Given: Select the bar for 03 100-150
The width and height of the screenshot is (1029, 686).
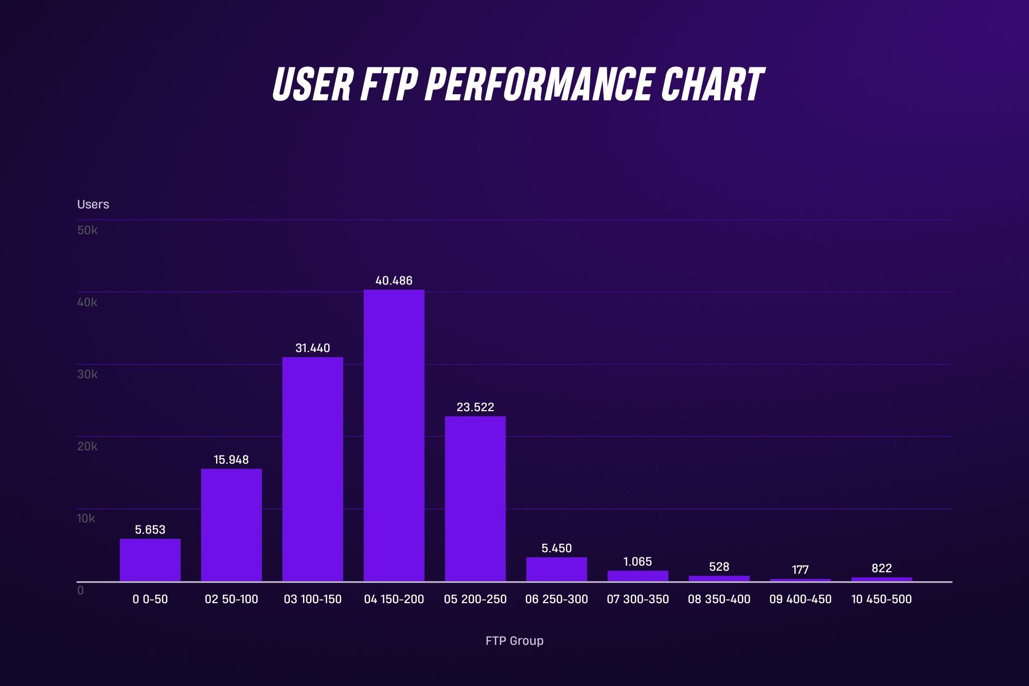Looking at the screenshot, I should (312, 469).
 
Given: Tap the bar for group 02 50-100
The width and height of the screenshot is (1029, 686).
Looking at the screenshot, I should (231, 524).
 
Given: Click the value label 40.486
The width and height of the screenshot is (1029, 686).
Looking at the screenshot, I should (394, 280).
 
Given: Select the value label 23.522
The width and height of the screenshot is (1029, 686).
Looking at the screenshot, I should (475, 407).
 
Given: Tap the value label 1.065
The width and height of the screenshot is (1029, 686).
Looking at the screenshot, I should (637, 561).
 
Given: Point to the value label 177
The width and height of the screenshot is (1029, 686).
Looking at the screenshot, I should (800, 570).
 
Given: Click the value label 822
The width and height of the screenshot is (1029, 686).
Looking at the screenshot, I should (881, 568).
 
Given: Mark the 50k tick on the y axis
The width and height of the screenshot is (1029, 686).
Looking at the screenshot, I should (87, 230).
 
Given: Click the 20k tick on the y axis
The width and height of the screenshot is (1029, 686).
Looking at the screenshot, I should (87, 446).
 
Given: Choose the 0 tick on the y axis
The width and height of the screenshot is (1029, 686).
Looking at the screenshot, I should (80, 590).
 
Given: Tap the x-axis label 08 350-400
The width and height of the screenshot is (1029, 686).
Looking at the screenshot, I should (719, 599).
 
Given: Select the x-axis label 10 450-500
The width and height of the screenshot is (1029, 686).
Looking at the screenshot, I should (881, 599).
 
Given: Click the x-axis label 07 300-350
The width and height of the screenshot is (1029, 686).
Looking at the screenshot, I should (637, 599).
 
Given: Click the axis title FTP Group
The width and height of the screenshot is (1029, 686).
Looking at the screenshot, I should (514, 641).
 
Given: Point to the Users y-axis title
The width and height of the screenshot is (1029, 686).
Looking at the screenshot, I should (93, 204).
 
